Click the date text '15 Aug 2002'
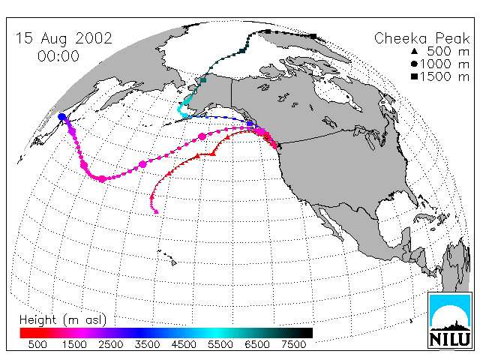(x=64, y=39)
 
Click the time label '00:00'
(x=58, y=56)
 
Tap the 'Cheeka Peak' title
(x=421, y=38)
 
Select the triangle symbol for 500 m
(x=414, y=51)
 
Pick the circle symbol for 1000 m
(x=414, y=64)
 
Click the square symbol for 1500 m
(x=414, y=76)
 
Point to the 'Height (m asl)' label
(x=63, y=320)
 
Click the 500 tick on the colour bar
(x=37, y=345)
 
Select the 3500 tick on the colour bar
(x=147, y=345)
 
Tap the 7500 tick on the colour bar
(x=293, y=345)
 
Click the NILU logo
(x=450, y=320)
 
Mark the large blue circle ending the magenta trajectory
(x=61, y=117)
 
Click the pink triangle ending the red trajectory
(x=156, y=211)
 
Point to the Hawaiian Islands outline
(x=167, y=257)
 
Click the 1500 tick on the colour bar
(x=74, y=345)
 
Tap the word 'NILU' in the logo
(x=450, y=339)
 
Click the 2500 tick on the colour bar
(x=110, y=345)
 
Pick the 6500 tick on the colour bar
(x=257, y=345)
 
